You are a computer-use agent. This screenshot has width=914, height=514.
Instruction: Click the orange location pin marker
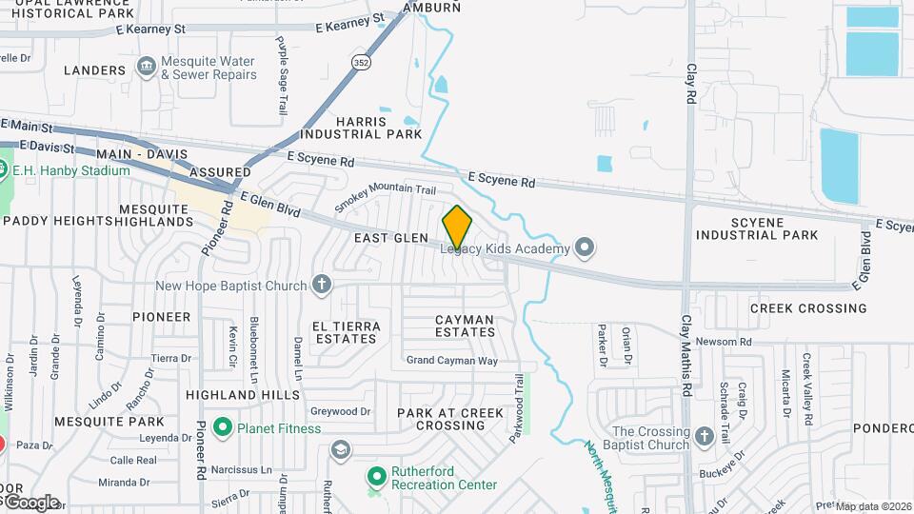pos(457,227)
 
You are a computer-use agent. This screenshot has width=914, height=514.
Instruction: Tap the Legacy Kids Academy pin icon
pos(586,248)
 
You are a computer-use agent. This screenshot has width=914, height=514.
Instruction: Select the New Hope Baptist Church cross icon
pos(323,285)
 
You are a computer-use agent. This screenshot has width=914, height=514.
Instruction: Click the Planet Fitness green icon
pos(223,427)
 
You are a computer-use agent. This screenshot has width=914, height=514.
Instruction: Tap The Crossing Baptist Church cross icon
pos(705,437)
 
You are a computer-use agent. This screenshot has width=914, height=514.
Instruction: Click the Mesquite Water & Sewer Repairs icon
pos(146,67)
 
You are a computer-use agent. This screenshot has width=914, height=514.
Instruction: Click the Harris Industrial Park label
pos(379,128)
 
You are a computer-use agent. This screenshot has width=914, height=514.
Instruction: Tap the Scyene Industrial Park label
pos(757,228)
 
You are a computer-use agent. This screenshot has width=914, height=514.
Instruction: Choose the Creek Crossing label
pos(808,308)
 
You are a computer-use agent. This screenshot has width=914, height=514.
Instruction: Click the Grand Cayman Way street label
pos(452,360)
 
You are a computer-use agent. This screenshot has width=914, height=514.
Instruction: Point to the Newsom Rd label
pos(724,342)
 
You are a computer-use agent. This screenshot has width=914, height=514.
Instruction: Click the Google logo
pos(30,502)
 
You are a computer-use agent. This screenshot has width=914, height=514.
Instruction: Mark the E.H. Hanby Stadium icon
pos(3,170)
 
